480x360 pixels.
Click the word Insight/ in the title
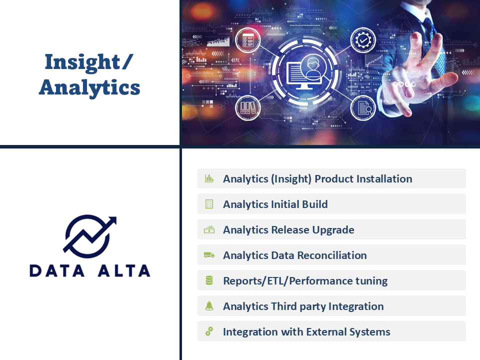point(89,62)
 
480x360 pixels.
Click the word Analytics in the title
point(89,87)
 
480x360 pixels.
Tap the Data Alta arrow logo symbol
point(89,236)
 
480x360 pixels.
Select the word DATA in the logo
point(56,271)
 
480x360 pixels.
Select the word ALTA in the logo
point(124,271)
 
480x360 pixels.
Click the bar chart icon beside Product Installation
point(209,178)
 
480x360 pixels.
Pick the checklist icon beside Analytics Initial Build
point(209,204)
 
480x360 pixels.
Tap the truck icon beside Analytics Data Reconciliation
point(209,255)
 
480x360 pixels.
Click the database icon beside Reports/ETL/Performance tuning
point(209,280)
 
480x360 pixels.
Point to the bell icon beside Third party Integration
point(209,306)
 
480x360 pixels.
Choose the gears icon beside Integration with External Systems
point(209,331)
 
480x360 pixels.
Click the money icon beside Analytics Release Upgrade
point(209,229)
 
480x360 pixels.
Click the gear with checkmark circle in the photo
point(363,40)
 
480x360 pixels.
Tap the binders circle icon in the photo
point(247,108)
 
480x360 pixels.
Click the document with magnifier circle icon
point(363,108)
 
